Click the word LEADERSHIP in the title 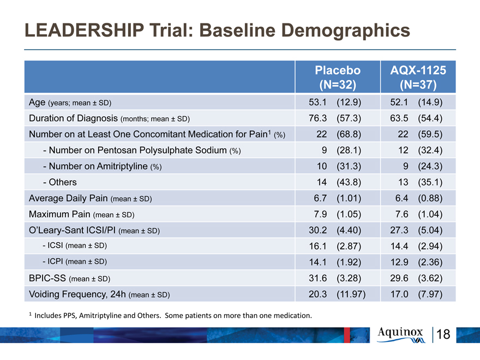(84, 30)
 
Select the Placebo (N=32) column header (338, 77)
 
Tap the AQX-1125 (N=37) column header (418, 77)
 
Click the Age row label (70, 103)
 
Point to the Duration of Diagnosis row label (109, 118)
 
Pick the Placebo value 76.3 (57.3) (335, 118)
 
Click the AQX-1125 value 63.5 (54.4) (416, 118)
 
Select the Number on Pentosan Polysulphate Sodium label (142, 151)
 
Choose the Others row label (59, 182)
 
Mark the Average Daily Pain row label (91, 199)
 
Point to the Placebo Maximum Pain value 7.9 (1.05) (337, 214)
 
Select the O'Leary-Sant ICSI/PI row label (94, 230)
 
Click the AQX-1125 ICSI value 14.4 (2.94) (416, 246)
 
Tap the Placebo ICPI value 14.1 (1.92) (335, 262)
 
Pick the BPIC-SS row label (69, 278)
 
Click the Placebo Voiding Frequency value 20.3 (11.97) (337, 294)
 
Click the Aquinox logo (401, 335)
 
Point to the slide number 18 (443, 334)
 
